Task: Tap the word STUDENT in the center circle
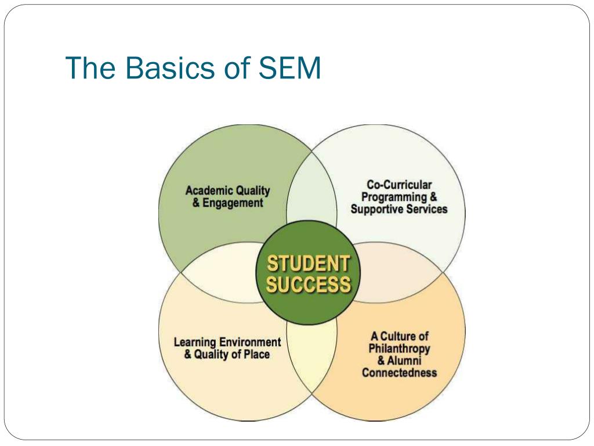pyautogui.click(x=308, y=264)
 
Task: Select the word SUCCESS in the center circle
pyautogui.click(x=308, y=285)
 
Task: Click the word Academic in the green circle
pyautogui.click(x=209, y=190)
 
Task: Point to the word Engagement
pyautogui.click(x=233, y=203)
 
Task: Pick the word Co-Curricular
pyautogui.click(x=399, y=185)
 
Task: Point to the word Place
pyautogui.click(x=257, y=354)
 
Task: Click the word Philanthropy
pyautogui.click(x=399, y=348)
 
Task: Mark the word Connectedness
pyautogui.click(x=399, y=373)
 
